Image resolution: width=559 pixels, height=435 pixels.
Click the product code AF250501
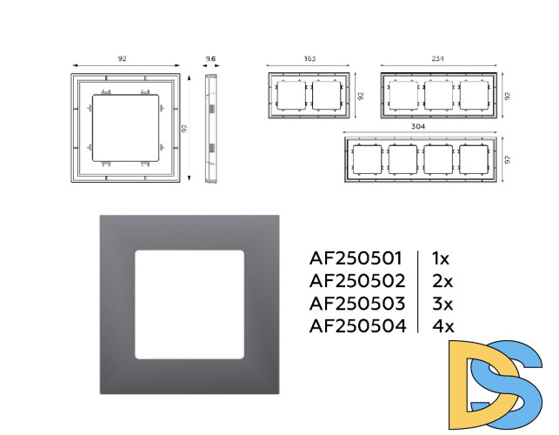tap(356, 258)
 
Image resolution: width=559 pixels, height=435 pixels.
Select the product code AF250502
tap(357, 281)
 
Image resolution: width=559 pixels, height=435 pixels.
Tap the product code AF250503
tap(357, 304)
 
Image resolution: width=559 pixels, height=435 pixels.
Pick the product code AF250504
tap(357, 325)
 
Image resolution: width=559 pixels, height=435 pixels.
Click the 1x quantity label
tap(441, 258)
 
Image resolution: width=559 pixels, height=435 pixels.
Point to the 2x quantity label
tap(443, 281)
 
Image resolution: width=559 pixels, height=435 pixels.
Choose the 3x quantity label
tap(443, 304)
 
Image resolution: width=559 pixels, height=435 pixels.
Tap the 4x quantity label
tap(443, 325)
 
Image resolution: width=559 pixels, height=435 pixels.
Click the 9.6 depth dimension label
tap(210, 58)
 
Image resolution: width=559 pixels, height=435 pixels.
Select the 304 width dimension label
tap(418, 126)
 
